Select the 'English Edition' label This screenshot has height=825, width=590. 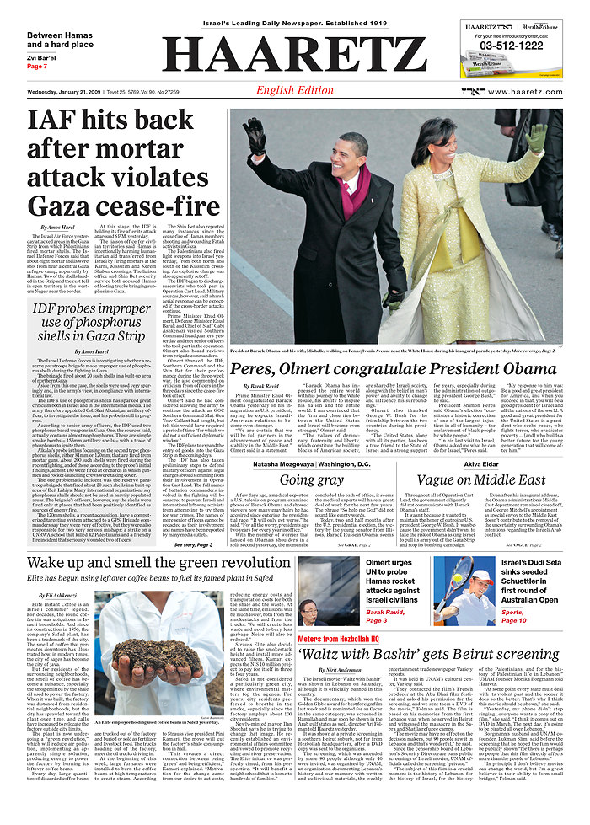294,90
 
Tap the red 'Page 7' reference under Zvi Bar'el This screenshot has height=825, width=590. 37,66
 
